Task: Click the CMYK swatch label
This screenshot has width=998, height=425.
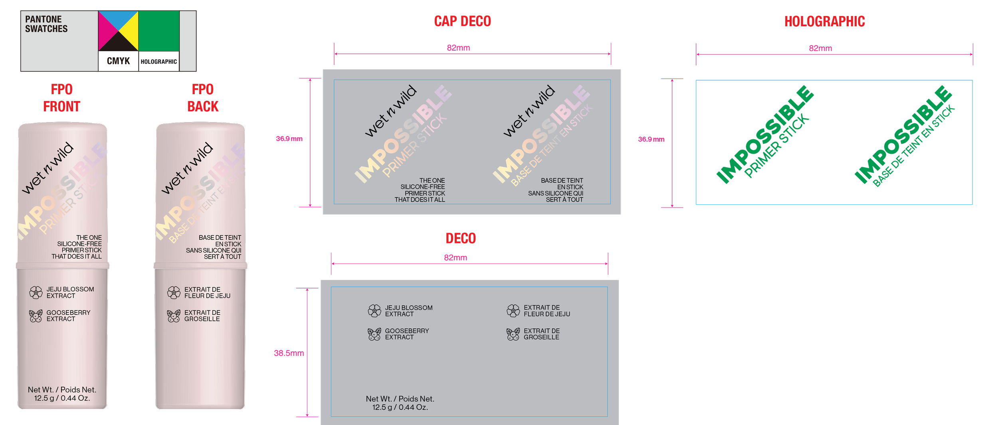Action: pyautogui.click(x=118, y=61)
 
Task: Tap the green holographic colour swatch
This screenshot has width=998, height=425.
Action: pyautogui.click(x=158, y=31)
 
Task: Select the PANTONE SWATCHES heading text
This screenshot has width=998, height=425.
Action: pyautogui.click(x=46, y=24)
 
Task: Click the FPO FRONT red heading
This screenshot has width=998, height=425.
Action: pyautogui.click(x=61, y=98)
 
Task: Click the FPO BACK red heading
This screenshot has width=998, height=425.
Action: pyautogui.click(x=203, y=98)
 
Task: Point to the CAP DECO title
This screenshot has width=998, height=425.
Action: pyautogui.click(x=462, y=21)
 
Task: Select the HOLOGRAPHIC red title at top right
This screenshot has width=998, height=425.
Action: pyautogui.click(x=824, y=22)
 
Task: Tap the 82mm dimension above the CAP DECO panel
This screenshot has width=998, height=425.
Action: pyautogui.click(x=458, y=48)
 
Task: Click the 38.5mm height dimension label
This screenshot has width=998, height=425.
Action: pyautogui.click(x=288, y=353)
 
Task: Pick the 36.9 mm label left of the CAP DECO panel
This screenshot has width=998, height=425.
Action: pyautogui.click(x=289, y=138)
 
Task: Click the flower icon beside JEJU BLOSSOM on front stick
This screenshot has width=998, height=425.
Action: pyautogui.click(x=36, y=293)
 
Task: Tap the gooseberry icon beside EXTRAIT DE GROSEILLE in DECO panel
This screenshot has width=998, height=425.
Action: pyautogui.click(x=513, y=334)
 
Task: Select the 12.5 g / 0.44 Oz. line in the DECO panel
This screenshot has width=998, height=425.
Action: pyautogui.click(x=400, y=407)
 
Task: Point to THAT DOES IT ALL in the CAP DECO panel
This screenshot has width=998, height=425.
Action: pyautogui.click(x=420, y=200)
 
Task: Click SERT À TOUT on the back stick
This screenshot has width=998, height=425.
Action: pyautogui.click(x=222, y=257)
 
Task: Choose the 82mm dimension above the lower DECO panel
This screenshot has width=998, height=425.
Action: pyautogui.click(x=455, y=258)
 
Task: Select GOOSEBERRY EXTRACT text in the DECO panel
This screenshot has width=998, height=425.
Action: pyautogui.click(x=407, y=334)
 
